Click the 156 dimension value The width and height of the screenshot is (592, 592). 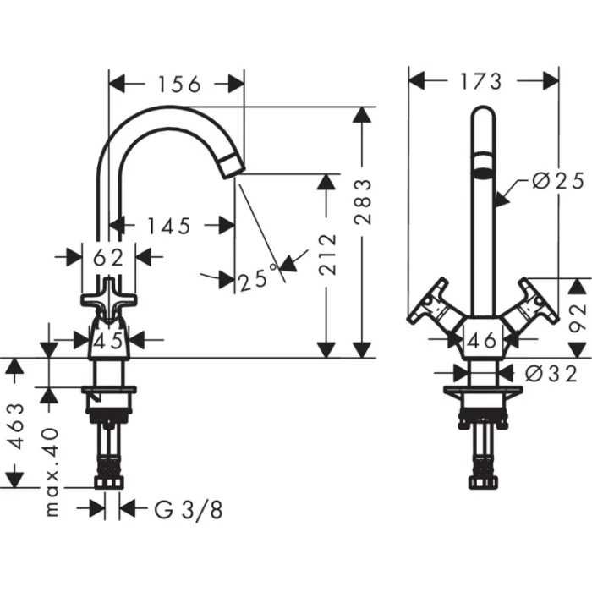178,84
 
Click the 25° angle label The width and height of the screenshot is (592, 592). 258,277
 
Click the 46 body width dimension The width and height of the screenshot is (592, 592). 481,341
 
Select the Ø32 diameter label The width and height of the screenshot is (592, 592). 551,373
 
